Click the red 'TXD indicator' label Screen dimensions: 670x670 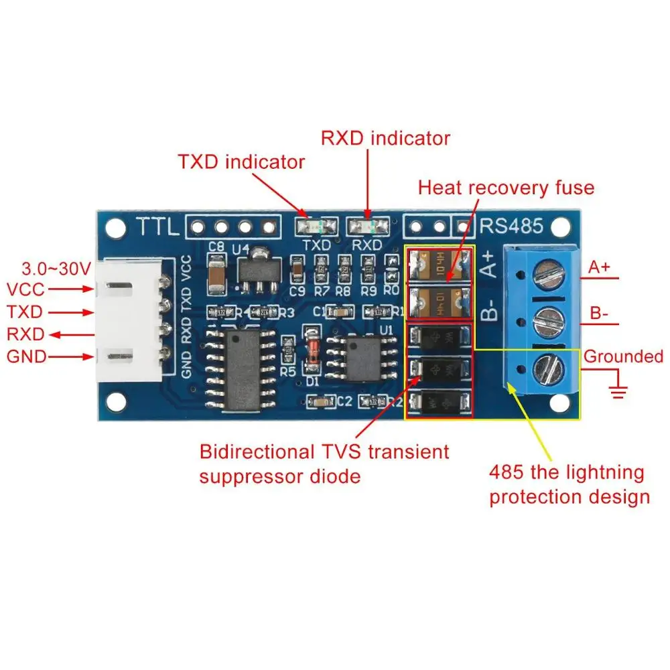tap(241, 162)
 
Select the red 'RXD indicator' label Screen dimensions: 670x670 tap(385, 138)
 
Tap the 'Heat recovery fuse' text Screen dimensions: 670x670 tap(506, 187)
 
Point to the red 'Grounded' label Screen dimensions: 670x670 tap(623, 356)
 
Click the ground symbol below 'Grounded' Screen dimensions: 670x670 tap(618, 389)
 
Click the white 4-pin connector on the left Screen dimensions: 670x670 tap(131, 322)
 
